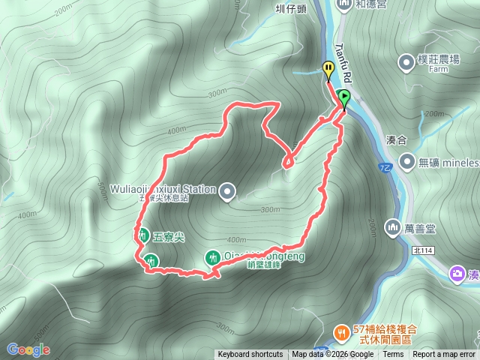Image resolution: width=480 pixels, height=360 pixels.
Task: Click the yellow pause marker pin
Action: click(x=328, y=69)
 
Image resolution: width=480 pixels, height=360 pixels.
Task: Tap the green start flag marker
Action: click(x=343, y=97)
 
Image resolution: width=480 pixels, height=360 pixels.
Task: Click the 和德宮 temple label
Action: click(x=370, y=4)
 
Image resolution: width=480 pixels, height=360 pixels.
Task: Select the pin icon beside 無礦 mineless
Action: click(x=407, y=160)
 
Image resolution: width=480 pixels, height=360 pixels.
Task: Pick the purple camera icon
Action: click(x=457, y=274)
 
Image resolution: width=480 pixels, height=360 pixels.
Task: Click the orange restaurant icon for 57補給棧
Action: click(x=341, y=331)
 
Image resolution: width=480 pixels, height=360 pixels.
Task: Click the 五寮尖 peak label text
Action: click(x=168, y=236)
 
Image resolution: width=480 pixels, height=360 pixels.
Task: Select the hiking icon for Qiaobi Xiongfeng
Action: click(x=213, y=258)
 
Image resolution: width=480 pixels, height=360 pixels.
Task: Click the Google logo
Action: click(x=28, y=349)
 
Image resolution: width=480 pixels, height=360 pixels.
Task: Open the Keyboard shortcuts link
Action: click(x=250, y=355)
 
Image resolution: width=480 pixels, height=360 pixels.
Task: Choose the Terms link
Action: click(x=393, y=355)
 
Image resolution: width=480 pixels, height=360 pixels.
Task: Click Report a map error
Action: click(x=444, y=355)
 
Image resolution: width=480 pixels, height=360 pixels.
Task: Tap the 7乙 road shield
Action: click(x=385, y=166)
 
